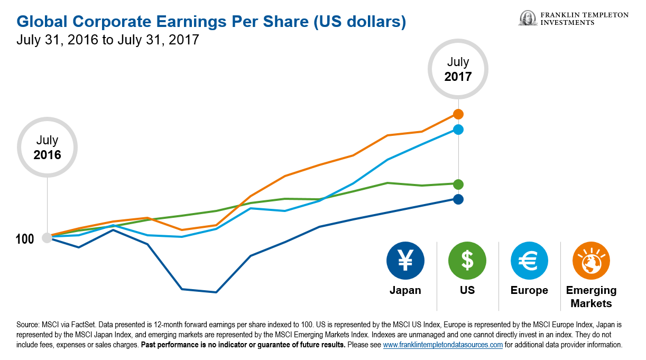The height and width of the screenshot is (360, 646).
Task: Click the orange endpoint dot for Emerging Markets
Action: (x=458, y=114)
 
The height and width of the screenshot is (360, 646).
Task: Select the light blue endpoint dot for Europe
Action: (x=458, y=130)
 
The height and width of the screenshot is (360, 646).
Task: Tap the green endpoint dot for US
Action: (x=458, y=184)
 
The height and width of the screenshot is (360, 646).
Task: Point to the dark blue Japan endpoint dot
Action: (x=458, y=199)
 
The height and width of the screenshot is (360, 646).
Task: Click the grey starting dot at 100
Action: (x=47, y=238)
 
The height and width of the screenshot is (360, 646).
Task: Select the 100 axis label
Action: (x=24, y=239)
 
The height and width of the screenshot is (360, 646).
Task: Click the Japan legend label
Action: (x=405, y=290)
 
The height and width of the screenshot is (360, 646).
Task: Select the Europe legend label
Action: (x=529, y=290)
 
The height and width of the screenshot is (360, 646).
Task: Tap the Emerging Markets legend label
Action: (x=591, y=297)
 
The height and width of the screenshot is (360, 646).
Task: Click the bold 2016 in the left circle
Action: (x=47, y=155)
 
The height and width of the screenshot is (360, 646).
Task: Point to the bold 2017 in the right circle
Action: (x=458, y=76)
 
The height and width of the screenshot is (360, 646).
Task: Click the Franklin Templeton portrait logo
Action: (x=527, y=19)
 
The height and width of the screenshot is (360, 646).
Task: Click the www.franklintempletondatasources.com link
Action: (x=442, y=345)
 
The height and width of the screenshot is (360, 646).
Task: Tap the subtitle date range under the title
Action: (x=108, y=40)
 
